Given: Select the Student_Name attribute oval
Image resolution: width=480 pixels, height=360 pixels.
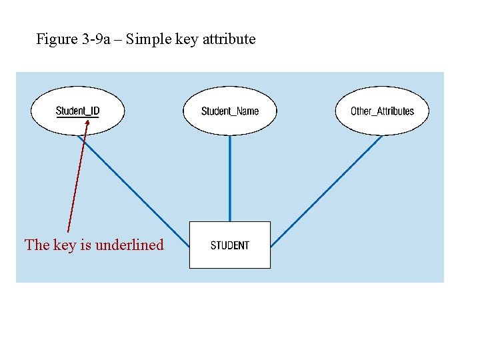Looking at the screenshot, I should click(230, 111).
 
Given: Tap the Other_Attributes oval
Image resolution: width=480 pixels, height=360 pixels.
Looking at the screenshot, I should click(382, 111).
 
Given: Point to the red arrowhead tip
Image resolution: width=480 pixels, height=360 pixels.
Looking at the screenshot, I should click(87, 121).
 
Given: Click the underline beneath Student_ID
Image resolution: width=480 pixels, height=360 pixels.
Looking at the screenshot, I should click(77, 117).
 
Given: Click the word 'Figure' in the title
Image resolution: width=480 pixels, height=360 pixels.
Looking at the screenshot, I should click(57, 39).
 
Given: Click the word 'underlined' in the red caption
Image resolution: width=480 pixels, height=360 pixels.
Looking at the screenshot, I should click(129, 245).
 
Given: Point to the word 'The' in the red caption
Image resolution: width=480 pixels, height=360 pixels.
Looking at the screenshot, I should click(37, 245).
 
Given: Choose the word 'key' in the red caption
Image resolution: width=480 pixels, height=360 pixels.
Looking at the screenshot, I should click(65, 245).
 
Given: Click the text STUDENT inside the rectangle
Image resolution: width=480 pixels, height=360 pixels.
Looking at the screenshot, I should click(230, 245).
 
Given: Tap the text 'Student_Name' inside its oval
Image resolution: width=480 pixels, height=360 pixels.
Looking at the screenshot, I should click(230, 111).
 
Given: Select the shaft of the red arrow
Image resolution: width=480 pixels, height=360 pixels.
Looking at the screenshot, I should click(77, 180).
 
